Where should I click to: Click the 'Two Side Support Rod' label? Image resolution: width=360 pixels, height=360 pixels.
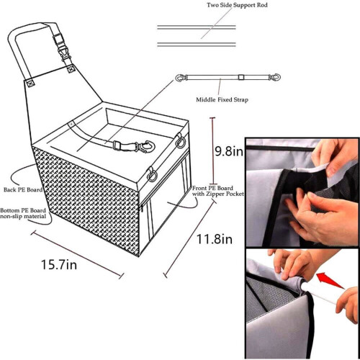[x=237, y=5]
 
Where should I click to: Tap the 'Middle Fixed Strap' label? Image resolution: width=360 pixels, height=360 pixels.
[x=222, y=99]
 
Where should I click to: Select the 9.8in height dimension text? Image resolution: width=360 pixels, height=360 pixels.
[x=229, y=151]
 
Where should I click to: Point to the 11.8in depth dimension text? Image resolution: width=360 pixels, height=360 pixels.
[x=215, y=239]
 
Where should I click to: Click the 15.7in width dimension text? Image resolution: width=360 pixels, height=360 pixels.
[x=59, y=264]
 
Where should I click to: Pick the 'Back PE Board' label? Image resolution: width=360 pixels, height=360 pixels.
[x=23, y=189]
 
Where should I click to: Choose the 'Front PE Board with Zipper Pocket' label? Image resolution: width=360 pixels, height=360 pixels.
[x=218, y=191]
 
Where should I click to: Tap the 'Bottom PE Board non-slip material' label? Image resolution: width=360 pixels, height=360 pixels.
[x=23, y=213]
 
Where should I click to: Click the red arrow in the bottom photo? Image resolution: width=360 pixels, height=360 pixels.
[x=330, y=280]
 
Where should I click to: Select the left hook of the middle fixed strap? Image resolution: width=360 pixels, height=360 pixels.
[x=181, y=78]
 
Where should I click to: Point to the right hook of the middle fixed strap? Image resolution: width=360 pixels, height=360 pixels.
[x=274, y=78]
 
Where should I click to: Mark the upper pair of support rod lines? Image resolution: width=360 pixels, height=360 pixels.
[x=197, y=27]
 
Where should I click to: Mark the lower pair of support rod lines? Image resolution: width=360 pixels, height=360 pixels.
[x=197, y=45]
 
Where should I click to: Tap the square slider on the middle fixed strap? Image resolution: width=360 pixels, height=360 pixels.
[x=241, y=77]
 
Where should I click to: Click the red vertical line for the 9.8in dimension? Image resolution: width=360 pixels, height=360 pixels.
[x=212, y=150]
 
